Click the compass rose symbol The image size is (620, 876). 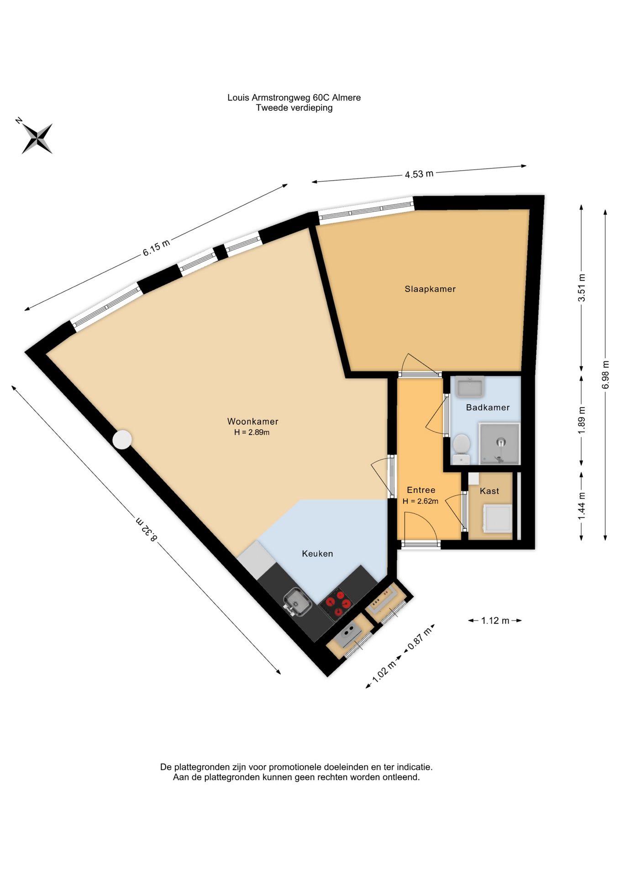tap(37, 138)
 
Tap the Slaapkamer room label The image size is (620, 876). tap(430, 289)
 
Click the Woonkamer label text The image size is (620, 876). tap(252, 422)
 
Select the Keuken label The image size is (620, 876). tap(317, 553)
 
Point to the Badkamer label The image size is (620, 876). tap(488, 407)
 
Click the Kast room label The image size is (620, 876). tap(489, 491)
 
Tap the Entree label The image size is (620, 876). tap(421, 490)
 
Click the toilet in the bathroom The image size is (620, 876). tap(462, 449)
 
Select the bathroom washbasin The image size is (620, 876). tap(469, 387)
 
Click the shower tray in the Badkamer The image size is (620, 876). tap(499, 443)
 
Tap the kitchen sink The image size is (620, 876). tap(297, 602)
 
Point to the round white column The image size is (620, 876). tap(122, 440)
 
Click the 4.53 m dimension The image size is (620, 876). tap(419, 174)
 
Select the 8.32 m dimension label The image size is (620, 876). tap(147, 529)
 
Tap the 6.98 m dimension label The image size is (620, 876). tap(605, 375)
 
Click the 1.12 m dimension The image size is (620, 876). tap(495, 620)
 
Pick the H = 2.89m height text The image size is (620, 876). tap(252, 433)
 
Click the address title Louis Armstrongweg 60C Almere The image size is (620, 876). tap(294, 97)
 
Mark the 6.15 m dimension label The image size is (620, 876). tap(156, 247)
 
